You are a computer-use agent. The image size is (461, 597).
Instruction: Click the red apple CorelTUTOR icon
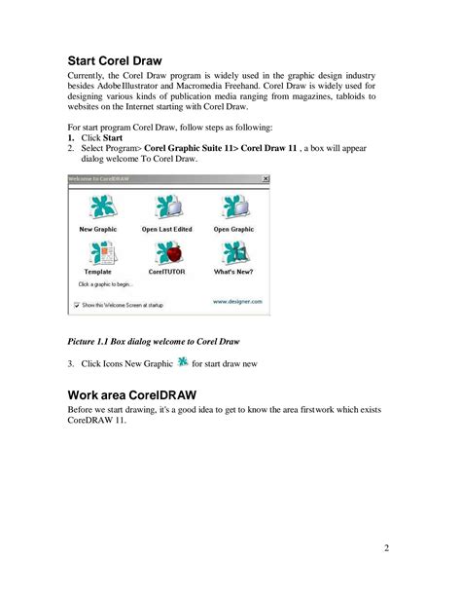pyautogui.click(x=166, y=255)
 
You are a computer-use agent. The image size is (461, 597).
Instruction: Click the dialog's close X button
pyautogui.click(x=266, y=179)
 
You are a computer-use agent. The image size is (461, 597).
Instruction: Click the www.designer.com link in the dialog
pyautogui.click(x=237, y=302)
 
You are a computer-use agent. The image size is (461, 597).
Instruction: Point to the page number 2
pyautogui.click(x=386, y=547)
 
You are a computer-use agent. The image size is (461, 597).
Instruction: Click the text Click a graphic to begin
pyautogui.click(x=102, y=284)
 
